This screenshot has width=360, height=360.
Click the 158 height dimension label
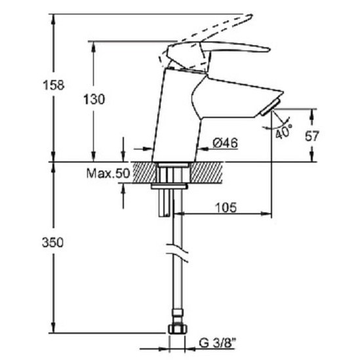coord(54,85)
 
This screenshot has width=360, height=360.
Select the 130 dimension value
coord(94,100)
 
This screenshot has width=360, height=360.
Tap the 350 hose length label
coord(52,243)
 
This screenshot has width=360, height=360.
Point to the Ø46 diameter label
coord(225,143)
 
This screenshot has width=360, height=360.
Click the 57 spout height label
coord(311,136)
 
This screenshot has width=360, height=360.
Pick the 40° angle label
coord(284,132)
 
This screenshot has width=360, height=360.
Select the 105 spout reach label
coord(226,208)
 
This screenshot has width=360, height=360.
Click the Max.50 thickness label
coord(108,173)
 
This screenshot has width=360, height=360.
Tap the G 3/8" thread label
coord(218,343)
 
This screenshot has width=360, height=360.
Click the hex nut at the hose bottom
coord(178,329)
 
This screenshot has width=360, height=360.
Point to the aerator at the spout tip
coord(270,107)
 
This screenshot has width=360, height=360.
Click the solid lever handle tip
coord(269,49)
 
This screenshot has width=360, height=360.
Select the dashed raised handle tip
coord(250,16)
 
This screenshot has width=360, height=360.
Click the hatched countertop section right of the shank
coord(207,172)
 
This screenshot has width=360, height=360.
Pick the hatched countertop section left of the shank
coord(145,172)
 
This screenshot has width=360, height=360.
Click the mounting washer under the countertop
coord(169,186)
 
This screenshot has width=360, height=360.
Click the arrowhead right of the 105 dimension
coord(266,214)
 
